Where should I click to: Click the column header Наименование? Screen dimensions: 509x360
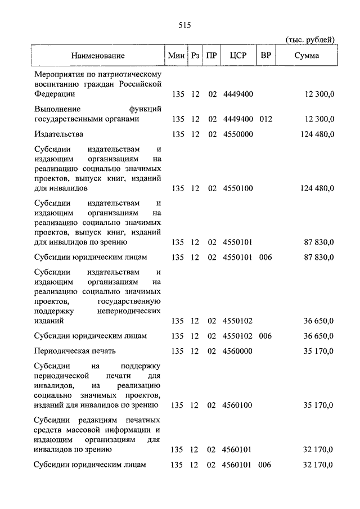(x=98, y=56)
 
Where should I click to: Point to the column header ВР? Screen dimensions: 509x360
(x=265, y=56)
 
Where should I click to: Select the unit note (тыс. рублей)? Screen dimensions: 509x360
(x=310, y=39)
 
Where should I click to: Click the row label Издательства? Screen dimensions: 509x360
(x=58, y=134)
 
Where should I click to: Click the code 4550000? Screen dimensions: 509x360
(x=238, y=134)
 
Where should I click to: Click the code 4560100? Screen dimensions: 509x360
(x=238, y=405)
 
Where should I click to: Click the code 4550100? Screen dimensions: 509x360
(x=238, y=188)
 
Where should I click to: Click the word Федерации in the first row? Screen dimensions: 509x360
(x=53, y=94)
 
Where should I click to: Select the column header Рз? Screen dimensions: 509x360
(x=195, y=56)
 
